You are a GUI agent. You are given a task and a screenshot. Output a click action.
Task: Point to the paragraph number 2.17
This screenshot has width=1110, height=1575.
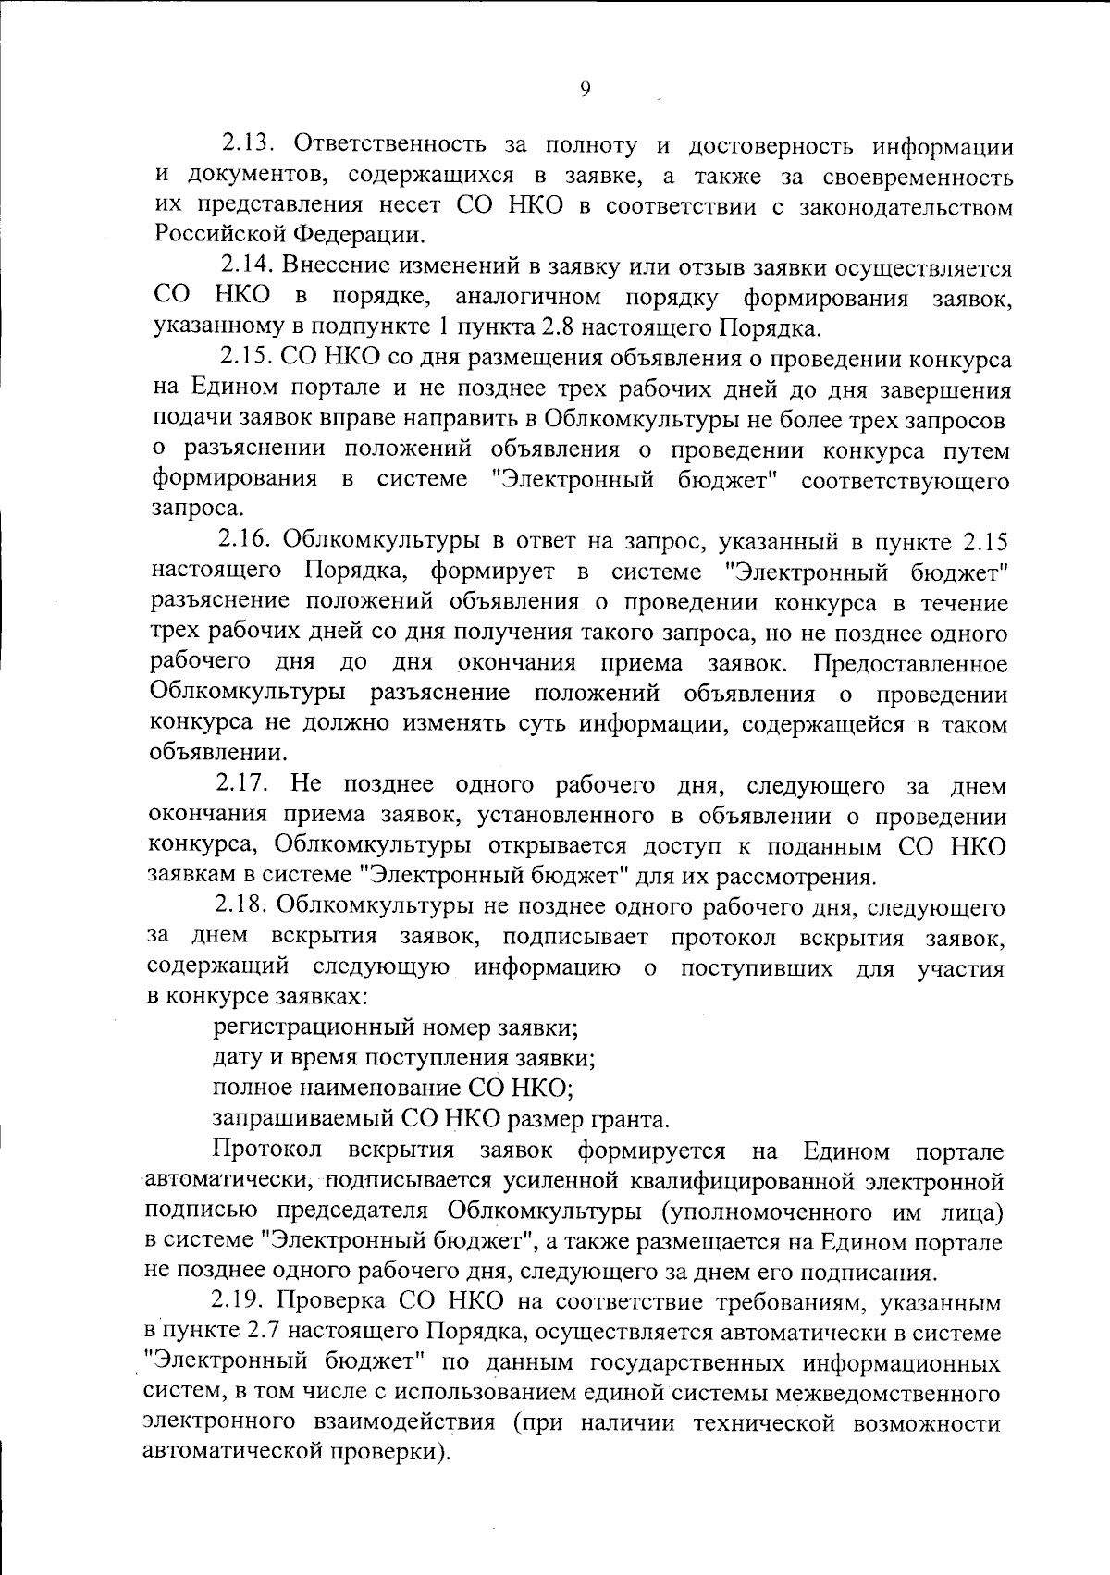(242, 785)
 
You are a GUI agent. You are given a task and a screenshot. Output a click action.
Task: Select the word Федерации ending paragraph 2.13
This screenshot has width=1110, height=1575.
(356, 237)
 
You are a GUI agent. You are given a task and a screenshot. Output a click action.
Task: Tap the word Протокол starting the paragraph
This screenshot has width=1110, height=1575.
(267, 1150)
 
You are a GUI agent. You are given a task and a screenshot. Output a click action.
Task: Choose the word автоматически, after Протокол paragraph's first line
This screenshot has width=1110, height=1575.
(225, 1181)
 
